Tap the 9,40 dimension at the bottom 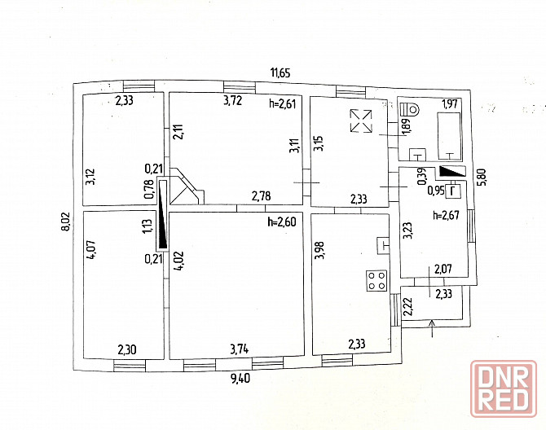tap(240, 377)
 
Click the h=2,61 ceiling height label tap(284, 103)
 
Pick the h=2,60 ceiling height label tap(284, 222)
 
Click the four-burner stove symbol tap(376, 280)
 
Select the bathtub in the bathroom tap(449, 134)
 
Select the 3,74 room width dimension tap(240, 349)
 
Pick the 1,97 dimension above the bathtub tap(449, 103)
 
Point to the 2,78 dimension tap(261, 195)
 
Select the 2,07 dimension tap(443, 269)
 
